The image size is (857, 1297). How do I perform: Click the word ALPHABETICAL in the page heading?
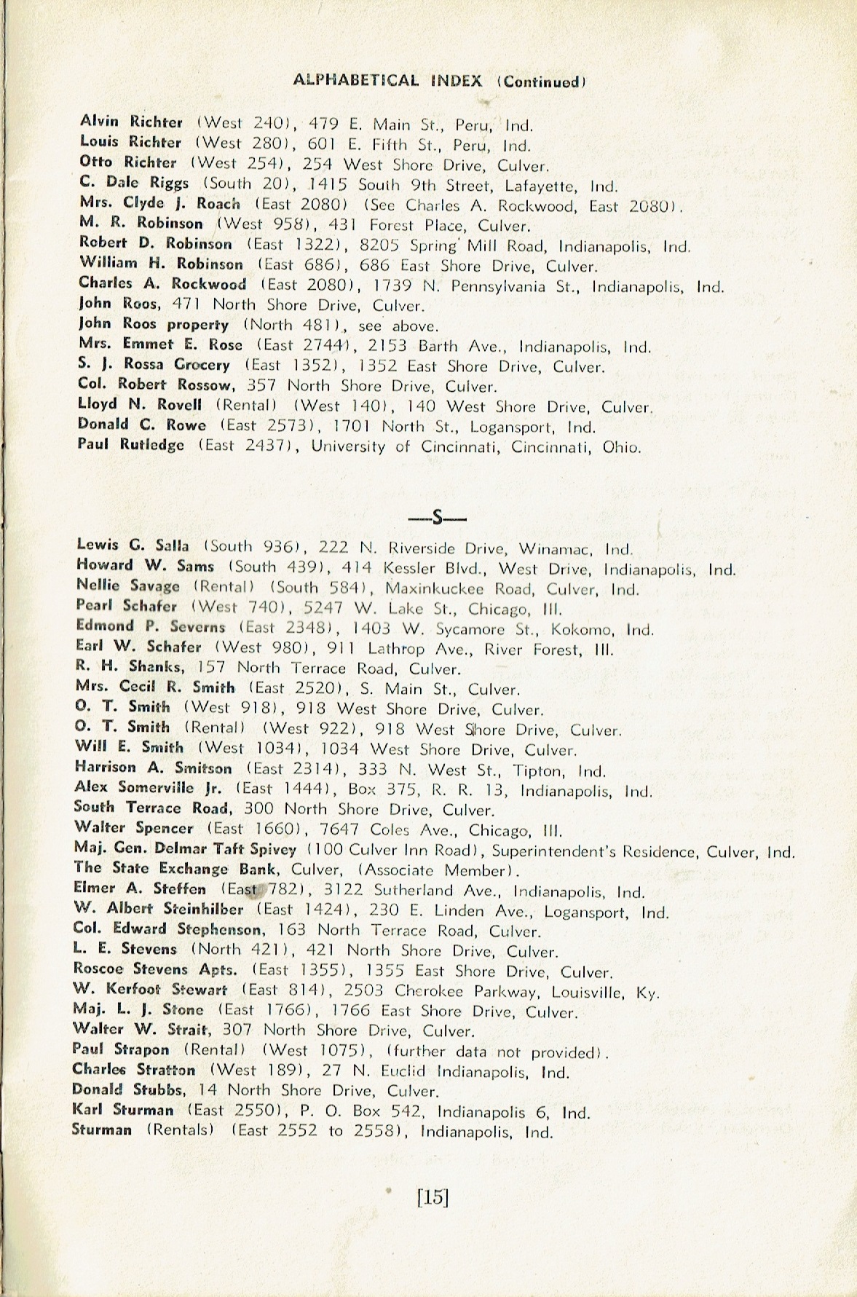(355, 81)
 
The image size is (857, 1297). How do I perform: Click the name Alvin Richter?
(131, 122)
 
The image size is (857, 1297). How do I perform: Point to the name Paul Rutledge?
(131, 445)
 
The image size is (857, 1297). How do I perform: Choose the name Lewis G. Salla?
(133, 545)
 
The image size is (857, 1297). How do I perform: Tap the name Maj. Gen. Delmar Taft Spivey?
(185, 849)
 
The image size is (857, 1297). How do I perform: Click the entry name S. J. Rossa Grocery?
(154, 365)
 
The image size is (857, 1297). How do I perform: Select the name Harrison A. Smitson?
(154, 768)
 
